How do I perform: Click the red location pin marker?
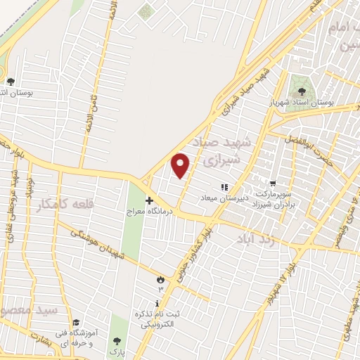[x=181, y=165]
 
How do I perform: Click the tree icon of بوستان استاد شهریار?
[x=302, y=91]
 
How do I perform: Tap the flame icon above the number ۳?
[x=160, y=279]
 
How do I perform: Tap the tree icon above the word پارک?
[x=117, y=341]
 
